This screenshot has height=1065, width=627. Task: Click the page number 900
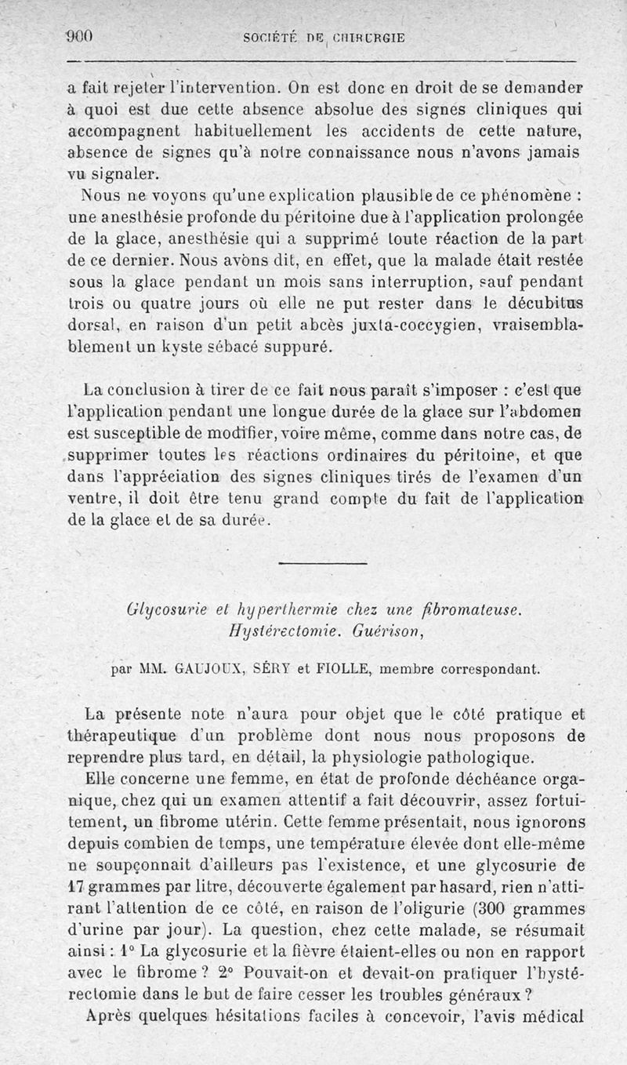coord(79,35)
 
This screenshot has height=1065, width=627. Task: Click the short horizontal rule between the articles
coord(322,563)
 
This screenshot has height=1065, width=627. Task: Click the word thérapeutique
coord(124,736)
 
